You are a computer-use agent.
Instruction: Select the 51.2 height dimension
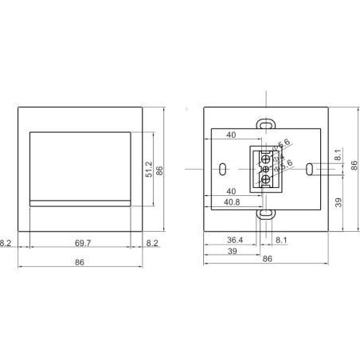(148, 170)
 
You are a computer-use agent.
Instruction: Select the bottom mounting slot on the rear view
(264, 213)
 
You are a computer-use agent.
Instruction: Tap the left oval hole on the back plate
(224, 168)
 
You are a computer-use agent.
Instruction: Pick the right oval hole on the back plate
(308, 168)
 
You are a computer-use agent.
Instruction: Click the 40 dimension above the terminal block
(231, 135)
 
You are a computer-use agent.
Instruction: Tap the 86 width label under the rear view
(266, 259)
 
